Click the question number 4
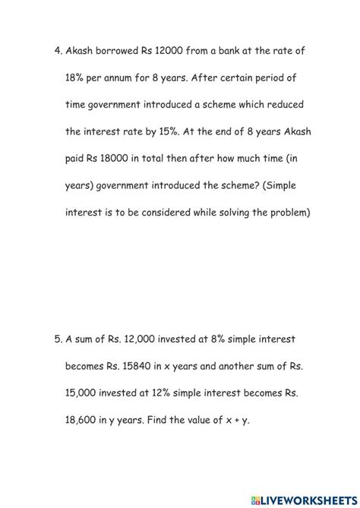tap(58, 50)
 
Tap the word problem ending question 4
tap(287, 213)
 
